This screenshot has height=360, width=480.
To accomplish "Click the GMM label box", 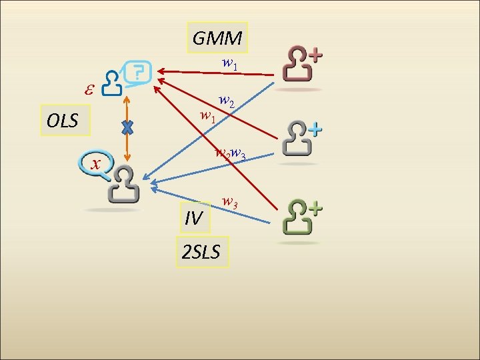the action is click(x=217, y=38).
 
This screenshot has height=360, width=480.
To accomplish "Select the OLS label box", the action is click(x=63, y=121).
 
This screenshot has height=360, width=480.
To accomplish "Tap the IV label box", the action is click(x=193, y=217).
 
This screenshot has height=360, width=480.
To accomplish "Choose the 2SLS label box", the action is click(x=203, y=252).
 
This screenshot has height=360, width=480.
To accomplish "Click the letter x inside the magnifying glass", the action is click(x=97, y=164).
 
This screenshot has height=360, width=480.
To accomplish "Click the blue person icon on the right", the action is click(x=297, y=138).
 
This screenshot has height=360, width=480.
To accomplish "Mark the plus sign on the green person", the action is click(x=314, y=209).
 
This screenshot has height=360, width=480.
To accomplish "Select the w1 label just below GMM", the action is click(x=230, y=65).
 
